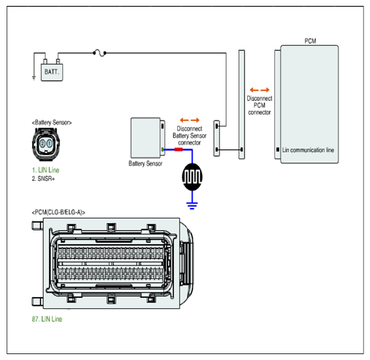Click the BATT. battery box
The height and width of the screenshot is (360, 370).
52,72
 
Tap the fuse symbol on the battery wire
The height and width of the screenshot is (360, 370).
99,53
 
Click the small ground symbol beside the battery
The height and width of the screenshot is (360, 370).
34,78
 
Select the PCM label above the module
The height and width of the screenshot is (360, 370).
310,41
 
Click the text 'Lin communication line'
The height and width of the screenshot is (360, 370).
308,150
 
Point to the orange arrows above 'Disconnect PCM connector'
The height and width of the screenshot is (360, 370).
260,90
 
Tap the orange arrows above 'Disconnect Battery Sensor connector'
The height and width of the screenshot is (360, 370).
190,120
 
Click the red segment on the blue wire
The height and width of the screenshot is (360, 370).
178,149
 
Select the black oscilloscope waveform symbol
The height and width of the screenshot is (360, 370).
192,177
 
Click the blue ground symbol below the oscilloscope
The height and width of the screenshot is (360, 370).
192,206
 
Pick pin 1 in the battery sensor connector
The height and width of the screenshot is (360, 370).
50,143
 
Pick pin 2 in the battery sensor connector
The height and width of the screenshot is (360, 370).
42,143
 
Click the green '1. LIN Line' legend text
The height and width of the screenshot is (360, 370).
46,170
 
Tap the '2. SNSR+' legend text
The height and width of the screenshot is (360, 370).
43,179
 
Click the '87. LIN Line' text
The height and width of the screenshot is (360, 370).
47,319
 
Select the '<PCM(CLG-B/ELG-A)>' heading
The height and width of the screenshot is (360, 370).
59,212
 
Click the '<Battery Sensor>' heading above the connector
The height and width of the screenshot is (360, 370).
52,122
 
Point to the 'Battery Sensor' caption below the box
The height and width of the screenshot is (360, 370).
145,164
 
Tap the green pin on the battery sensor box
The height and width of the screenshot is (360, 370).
162,149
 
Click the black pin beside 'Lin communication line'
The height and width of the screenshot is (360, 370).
278,149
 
